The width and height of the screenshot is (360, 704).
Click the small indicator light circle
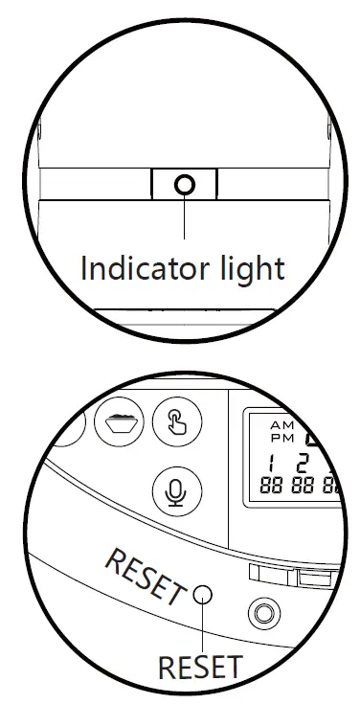point(183,184)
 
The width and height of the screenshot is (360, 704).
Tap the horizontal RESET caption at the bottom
point(199,666)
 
